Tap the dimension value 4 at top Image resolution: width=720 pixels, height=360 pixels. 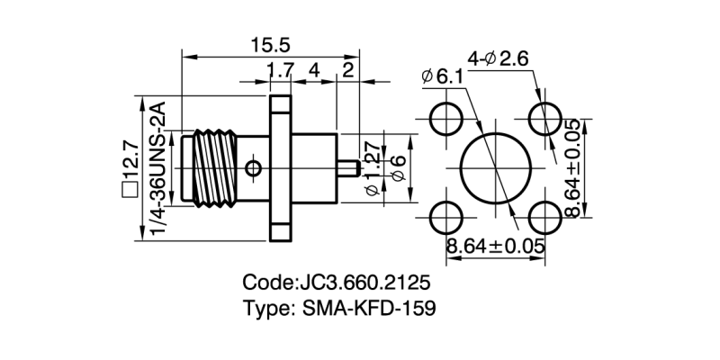[314, 70]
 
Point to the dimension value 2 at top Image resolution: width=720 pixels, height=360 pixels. [347, 70]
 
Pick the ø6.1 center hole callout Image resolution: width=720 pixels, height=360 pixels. [442, 77]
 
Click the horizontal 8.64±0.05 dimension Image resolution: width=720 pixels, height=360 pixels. [497, 245]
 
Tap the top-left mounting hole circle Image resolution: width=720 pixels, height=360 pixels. [446, 118]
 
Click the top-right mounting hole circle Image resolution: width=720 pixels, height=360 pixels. [544, 118]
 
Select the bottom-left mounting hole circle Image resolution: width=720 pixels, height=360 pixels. [446, 217]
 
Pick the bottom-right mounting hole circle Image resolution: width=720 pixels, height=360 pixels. [544, 217]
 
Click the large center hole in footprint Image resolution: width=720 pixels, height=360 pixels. [496, 167]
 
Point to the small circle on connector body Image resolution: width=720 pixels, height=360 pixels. [254, 167]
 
